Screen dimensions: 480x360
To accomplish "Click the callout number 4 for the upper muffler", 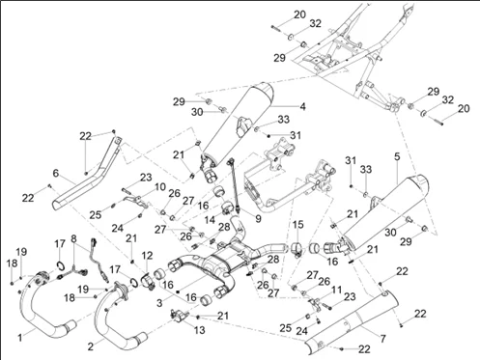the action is pos(302,106).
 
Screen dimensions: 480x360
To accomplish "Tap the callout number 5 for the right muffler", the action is pos(397,156).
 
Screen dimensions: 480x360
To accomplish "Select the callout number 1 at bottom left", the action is pos(20,338).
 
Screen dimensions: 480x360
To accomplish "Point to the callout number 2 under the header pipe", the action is pos(91,346).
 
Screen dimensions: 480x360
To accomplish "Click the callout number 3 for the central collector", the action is pos(159,303).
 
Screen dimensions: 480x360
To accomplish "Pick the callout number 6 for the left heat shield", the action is pos(56,174).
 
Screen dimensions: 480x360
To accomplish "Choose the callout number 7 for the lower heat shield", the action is pos(382,339).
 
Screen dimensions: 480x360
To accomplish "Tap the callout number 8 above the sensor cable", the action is pos(73,238).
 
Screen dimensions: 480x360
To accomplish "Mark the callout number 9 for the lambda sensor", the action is pos(258,219).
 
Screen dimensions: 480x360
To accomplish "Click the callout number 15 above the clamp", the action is pos(297,225).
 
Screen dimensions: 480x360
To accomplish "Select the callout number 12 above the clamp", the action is pos(147,256).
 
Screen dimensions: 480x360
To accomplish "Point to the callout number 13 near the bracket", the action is pos(200,330).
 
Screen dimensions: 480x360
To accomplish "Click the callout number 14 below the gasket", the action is pos(210,220).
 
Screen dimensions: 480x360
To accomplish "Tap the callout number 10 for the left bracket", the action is pos(159,187).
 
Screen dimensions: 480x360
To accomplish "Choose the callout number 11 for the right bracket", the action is pos(336,290).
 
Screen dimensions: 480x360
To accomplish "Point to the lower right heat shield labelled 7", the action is pos(351,318).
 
